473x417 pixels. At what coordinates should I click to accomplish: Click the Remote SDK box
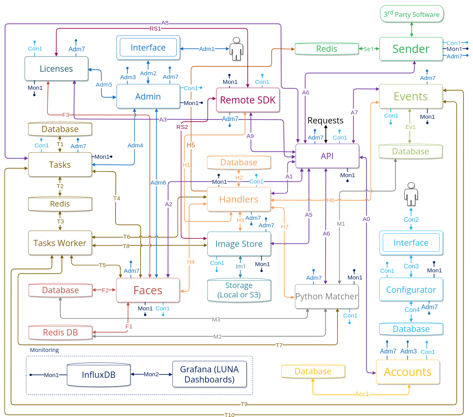[248, 100]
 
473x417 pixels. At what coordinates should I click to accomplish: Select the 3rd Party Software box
[412, 14]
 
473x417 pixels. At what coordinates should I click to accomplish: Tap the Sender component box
[411, 49]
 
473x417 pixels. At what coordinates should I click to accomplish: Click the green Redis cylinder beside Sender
[327, 49]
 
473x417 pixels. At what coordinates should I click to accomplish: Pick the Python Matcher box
[326, 297]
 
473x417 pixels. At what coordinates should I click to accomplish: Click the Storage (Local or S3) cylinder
[239, 290]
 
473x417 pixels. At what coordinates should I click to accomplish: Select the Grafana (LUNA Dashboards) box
[209, 374]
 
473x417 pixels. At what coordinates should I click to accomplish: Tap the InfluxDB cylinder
[99, 375]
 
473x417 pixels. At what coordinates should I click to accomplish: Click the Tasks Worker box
[60, 243]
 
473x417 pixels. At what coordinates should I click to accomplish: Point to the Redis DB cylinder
[60, 332]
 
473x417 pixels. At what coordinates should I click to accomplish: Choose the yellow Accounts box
[408, 372]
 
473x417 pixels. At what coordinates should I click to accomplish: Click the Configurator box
[411, 290]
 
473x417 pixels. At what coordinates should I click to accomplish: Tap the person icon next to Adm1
[236, 49]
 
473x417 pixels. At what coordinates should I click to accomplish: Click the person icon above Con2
[411, 194]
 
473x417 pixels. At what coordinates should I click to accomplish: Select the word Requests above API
[325, 120]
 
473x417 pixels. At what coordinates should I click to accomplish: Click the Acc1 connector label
[362, 394]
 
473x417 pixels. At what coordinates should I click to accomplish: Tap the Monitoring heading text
[44, 350]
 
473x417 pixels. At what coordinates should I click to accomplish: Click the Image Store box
[239, 244]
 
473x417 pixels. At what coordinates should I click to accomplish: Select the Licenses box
[56, 69]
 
